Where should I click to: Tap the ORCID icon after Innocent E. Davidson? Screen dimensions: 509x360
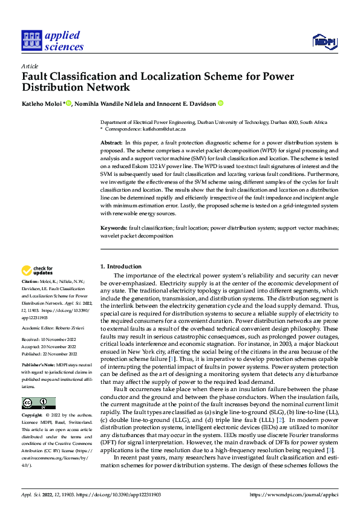point(220,103)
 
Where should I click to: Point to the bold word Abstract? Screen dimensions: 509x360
point(111,141)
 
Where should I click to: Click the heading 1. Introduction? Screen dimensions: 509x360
point(121,267)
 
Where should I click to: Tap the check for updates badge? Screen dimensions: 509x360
point(38,270)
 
